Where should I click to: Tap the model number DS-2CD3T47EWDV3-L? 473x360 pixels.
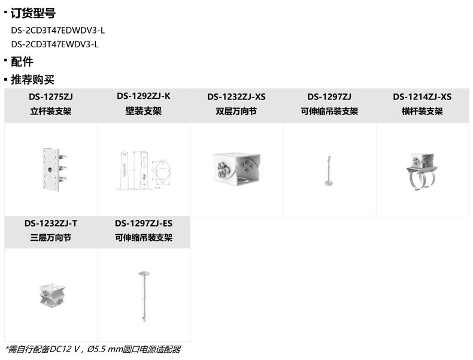54,44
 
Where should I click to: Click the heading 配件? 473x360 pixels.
22,62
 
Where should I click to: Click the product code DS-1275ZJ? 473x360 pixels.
50,96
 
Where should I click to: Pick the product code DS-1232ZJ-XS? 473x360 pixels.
236,96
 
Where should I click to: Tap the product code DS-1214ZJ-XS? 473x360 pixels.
422,96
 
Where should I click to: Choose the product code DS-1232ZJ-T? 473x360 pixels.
50,223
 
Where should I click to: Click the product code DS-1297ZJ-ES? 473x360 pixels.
144,223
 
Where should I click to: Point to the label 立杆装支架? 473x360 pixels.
50,111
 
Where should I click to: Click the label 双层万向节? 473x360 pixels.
236,111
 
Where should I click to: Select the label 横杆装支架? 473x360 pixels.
422,111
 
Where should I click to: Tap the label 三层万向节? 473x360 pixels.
50,238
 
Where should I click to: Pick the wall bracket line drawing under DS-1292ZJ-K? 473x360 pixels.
144,170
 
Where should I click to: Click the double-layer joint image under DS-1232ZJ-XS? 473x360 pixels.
236,168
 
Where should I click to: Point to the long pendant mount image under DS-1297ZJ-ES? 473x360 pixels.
144,295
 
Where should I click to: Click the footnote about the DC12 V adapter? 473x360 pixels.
93,349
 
